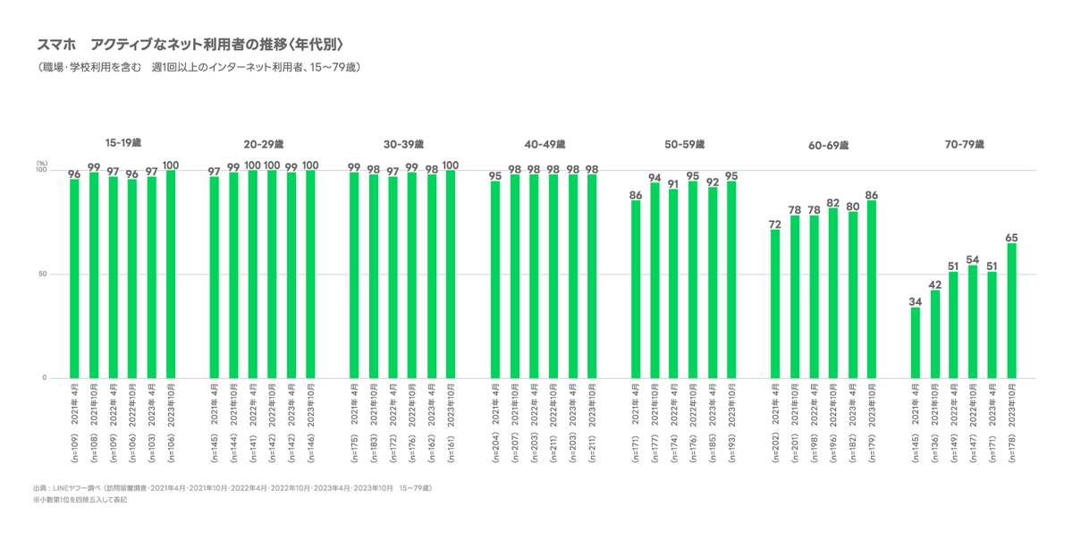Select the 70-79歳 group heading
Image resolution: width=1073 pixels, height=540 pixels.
coord(963,144)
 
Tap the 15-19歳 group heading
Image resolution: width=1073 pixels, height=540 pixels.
coord(123,143)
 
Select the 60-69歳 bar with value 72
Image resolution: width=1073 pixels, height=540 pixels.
coord(775,303)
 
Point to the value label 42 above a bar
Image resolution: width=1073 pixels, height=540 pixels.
coord(934,283)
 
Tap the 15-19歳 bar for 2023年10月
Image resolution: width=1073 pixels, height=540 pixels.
coord(171,274)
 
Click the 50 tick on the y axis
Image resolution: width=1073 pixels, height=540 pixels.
coord(42,274)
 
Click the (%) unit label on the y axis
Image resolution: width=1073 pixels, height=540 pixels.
coord(41,163)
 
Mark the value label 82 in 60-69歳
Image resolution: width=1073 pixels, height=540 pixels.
coord(833,202)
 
